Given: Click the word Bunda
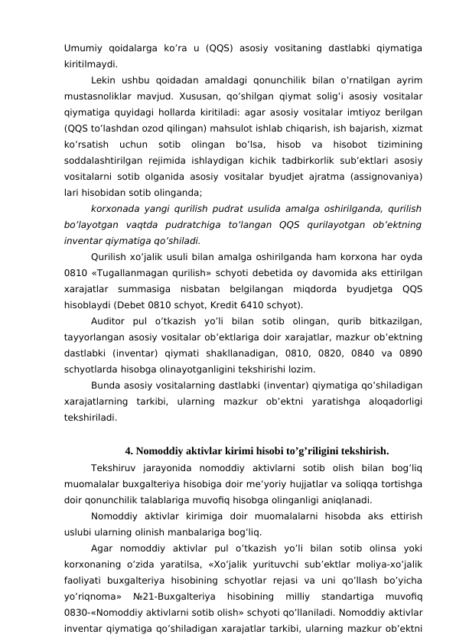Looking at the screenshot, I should pos(105,379).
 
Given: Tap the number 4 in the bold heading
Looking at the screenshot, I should pos(128,450).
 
